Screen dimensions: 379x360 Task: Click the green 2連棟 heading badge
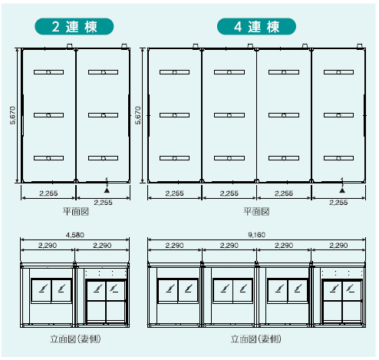click(x=74, y=26)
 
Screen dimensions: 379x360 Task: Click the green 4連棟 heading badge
click(x=256, y=26)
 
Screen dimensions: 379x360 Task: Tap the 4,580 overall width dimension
click(x=74, y=235)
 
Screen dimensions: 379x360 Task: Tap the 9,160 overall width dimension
click(x=256, y=235)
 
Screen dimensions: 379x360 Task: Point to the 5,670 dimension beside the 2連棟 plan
click(x=13, y=115)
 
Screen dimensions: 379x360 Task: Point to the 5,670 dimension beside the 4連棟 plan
click(x=138, y=115)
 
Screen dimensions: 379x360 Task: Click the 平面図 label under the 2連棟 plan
click(x=76, y=212)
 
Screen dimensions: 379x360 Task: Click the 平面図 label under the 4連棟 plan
click(x=256, y=212)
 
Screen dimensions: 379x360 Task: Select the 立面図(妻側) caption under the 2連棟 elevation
click(x=75, y=339)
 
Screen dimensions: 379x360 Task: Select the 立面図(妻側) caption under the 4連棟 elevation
click(x=256, y=339)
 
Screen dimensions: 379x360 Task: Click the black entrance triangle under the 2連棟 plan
click(x=107, y=190)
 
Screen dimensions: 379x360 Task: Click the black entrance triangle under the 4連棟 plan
click(x=342, y=190)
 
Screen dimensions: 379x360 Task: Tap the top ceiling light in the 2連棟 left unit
click(x=48, y=72)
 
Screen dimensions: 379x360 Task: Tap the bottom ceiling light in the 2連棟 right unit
click(x=104, y=158)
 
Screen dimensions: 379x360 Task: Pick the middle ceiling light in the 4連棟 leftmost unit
click(x=174, y=115)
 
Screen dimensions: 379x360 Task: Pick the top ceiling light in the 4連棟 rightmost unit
click(x=338, y=72)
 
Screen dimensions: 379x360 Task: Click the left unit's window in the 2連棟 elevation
click(x=51, y=291)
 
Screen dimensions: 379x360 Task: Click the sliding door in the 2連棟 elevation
click(x=106, y=302)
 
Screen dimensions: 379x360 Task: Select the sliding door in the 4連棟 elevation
click(x=342, y=302)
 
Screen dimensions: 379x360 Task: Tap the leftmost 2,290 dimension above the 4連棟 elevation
click(x=174, y=246)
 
